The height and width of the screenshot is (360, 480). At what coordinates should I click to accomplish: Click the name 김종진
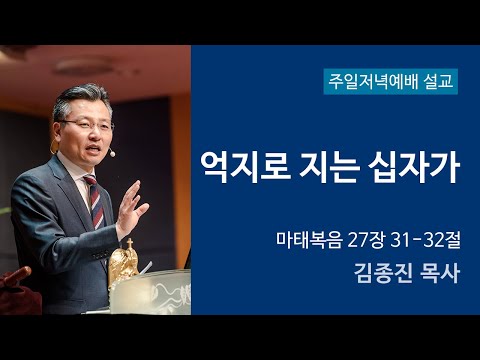pyautogui.click(x=377, y=273)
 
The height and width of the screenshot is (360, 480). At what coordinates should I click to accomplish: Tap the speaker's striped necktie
pyautogui.click(x=93, y=200)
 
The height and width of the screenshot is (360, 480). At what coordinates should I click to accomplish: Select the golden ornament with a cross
pyautogui.click(x=123, y=263)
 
